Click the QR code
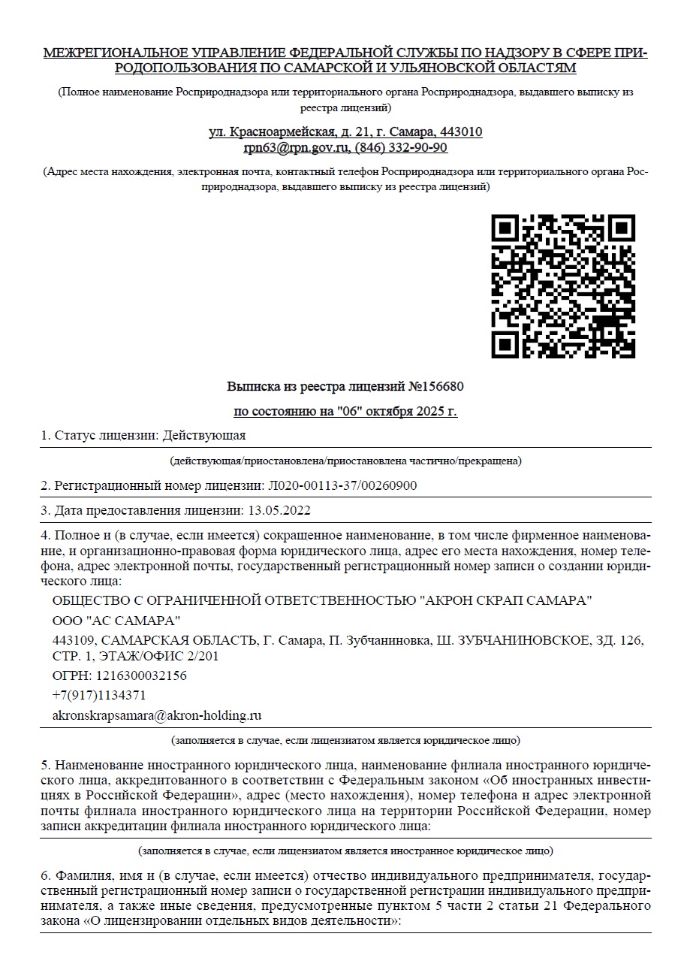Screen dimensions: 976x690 [x=562, y=286]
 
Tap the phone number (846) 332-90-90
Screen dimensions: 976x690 [x=401, y=147]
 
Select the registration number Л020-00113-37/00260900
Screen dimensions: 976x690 [x=338, y=485]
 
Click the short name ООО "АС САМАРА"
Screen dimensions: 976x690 [x=116, y=620]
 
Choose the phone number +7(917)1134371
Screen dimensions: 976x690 [x=99, y=695]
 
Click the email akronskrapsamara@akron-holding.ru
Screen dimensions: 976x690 [x=157, y=715]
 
